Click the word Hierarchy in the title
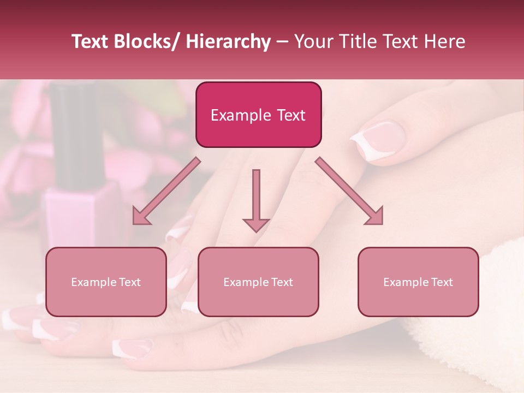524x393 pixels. [x=228, y=42]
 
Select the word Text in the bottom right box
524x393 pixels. [x=441, y=282]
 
